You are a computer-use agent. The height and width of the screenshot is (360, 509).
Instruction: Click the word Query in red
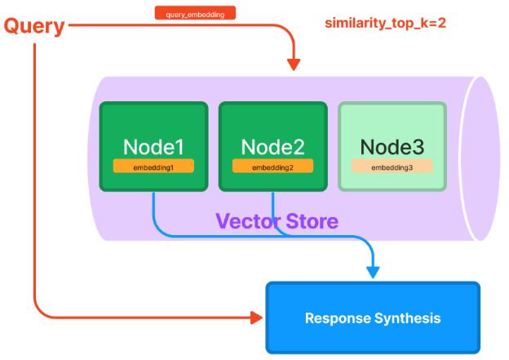pos(34,26)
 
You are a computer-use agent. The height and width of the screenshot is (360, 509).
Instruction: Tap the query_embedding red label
pos(195,13)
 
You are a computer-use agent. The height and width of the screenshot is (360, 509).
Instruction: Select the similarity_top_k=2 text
pos(385,23)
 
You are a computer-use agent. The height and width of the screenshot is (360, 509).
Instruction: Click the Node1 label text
pos(153,147)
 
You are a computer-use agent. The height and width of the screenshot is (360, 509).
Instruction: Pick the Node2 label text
pos(272,147)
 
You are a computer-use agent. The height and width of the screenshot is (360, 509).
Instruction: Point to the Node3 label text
pos(392,147)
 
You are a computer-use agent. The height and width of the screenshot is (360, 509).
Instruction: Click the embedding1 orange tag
pos(153,166)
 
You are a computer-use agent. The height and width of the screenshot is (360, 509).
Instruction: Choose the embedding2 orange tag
pos(272,166)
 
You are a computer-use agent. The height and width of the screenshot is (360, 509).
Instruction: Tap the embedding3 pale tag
pos(392,166)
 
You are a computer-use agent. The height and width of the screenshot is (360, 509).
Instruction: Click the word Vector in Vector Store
pos(248,221)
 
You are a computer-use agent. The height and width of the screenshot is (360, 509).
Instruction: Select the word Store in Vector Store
pos(312,221)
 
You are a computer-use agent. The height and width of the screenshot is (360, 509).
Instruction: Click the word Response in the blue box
pos(337,318)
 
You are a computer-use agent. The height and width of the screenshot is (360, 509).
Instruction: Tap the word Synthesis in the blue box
pos(408,318)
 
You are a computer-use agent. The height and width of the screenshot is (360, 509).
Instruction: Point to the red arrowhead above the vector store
pos(294,64)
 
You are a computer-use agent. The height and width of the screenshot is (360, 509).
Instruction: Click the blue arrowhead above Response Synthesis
pos(373,273)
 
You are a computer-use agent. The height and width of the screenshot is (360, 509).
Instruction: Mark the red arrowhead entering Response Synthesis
pos(257,318)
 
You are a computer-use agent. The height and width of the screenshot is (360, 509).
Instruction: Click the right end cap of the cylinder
pos(480,158)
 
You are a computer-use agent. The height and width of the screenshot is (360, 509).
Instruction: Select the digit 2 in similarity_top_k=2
pos(441,22)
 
